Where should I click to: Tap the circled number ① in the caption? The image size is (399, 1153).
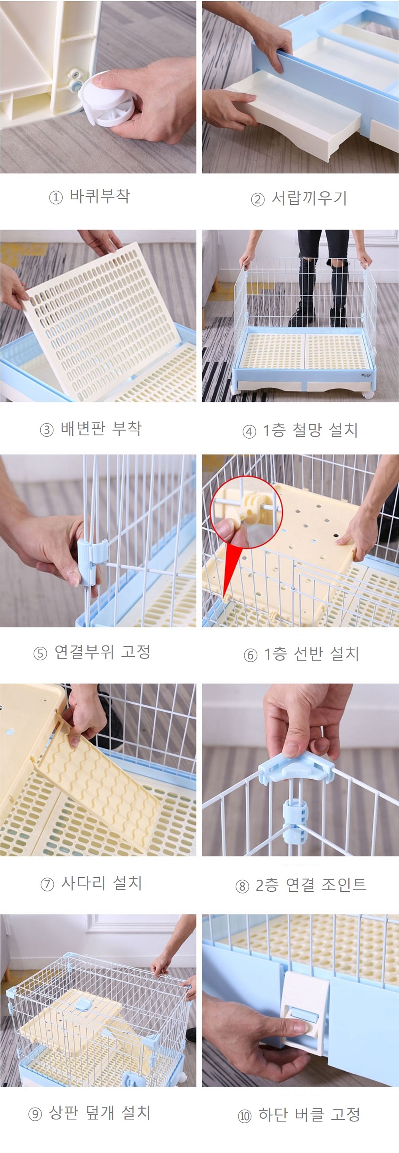[x=55, y=197]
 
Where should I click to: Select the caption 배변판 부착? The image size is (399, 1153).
[x=101, y=428]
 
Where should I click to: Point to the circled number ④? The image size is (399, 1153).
[x=249, y=431]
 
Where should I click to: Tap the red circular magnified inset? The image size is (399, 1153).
[x=246, y=512]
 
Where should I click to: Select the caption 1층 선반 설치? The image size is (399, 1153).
[x=311, y=654]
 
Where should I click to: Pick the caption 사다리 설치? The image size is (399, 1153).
[x=102, y=883]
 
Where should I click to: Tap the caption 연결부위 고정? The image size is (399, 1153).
[x=103, y=652]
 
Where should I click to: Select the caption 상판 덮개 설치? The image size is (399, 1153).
[x=99, y=1112]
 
